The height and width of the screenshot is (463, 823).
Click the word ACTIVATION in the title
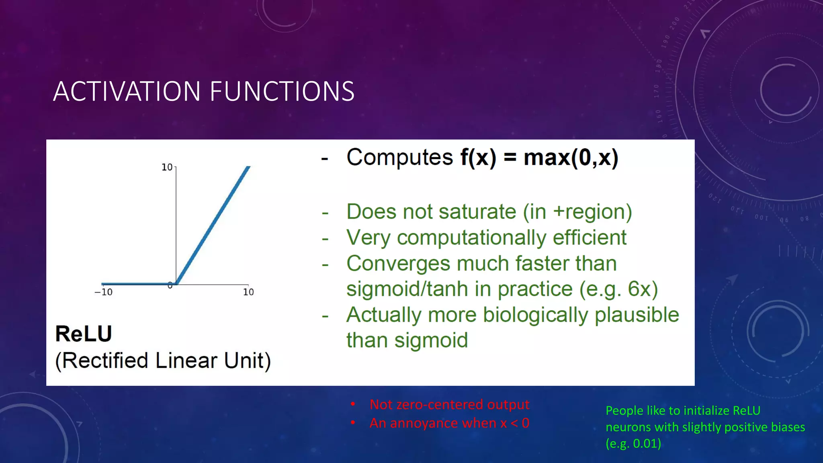(127, 91)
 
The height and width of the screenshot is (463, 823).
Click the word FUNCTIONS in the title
(282, 91)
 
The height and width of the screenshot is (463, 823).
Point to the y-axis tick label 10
(167, 167)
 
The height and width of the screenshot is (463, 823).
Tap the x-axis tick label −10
(104, 292)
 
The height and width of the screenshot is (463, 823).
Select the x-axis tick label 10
(248, 292)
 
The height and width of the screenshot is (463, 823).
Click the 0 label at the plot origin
(170, 285)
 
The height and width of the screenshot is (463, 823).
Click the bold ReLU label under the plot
(84, 334)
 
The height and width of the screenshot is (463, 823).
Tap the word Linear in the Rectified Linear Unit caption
(186, 361)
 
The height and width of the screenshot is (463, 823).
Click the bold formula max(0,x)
(571, 158)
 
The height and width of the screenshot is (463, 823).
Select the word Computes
(400, 158)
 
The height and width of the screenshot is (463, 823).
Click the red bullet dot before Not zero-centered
(352, 404)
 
